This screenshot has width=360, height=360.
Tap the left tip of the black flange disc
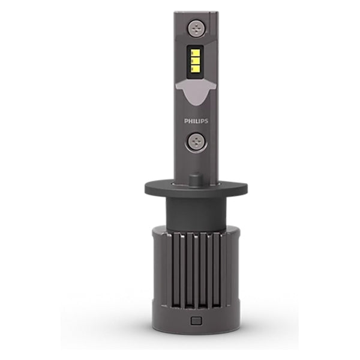(x=146, y=190)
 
